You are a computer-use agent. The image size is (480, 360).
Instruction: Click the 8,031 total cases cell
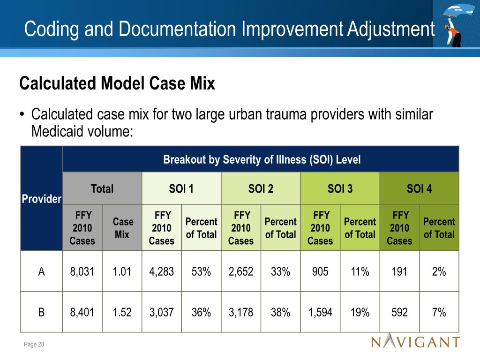click(82, 271)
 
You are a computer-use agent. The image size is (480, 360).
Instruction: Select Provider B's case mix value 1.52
click(122, 313)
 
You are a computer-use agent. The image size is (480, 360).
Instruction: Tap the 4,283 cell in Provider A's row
click(161, 271)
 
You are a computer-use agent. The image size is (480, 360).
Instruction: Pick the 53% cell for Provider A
click(201, 271)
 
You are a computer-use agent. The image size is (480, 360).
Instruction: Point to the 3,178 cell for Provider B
click(240, 313)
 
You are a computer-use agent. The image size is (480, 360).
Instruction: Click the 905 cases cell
click(320, 271)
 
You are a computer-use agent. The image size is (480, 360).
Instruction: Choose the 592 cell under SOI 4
click(399, 313)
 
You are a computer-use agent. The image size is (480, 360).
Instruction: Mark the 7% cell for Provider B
click(439, 313)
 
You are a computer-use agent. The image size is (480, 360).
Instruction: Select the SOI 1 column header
click(181, 188)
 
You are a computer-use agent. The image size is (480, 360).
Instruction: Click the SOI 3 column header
click(340, 188)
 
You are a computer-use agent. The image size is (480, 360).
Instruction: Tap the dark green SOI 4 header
click(419, 188)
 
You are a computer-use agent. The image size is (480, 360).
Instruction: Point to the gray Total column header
click(102, 188)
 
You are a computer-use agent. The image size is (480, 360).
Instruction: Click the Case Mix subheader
click(122, 228)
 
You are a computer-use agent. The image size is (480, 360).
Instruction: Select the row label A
click(41, 271)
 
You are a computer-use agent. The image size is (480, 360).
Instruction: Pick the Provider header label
click(41, 199)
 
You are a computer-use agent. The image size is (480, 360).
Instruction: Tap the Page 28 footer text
click(34, 345)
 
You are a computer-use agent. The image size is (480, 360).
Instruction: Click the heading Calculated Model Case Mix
click(117, 84)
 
